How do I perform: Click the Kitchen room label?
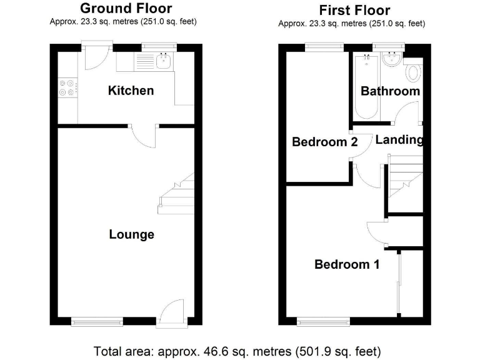[x=131, y=91]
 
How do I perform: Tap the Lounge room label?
[x=131, y=235]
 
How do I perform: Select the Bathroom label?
[x=390, y=91]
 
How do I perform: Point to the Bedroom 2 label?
[x=325, y=142]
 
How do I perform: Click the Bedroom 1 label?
[x=346, y=264]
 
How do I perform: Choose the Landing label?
[x=399, y=140]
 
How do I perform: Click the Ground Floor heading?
[x=126, y=9]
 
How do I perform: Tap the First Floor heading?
[x=354, y=11]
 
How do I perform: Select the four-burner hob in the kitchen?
[x=67, y=87]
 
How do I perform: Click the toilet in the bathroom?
[x=413, y=73]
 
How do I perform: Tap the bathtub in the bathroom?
[x=366, y=87]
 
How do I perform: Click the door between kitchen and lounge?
[x=144, y=135]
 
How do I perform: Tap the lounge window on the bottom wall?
[x=97, y=322]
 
